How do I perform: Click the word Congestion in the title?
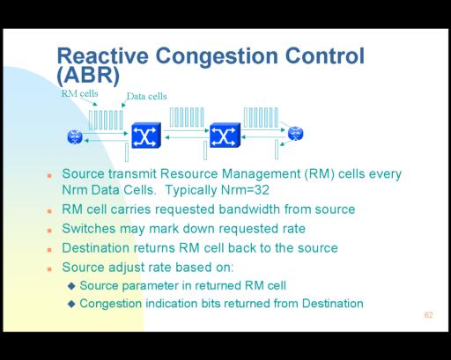point(217,56)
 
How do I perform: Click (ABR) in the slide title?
point(88,76)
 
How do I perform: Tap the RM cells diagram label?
point(79,93)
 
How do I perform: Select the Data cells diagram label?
point(146,96)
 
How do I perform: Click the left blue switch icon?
point(146,136)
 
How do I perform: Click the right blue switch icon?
point(225,135)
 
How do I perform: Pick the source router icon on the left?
point(75,136)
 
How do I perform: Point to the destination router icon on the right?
point(295,134)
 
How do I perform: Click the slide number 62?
point(428,315)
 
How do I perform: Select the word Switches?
point(89,229)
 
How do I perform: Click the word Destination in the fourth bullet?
point(96,248)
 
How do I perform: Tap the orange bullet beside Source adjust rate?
point(49,268)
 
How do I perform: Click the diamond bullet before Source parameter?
point(71,286)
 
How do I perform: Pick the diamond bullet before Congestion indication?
point(71,304)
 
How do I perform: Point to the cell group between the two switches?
point(187,117)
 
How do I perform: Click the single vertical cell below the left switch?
point(127,152)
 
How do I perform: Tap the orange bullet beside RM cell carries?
point(49,211)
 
